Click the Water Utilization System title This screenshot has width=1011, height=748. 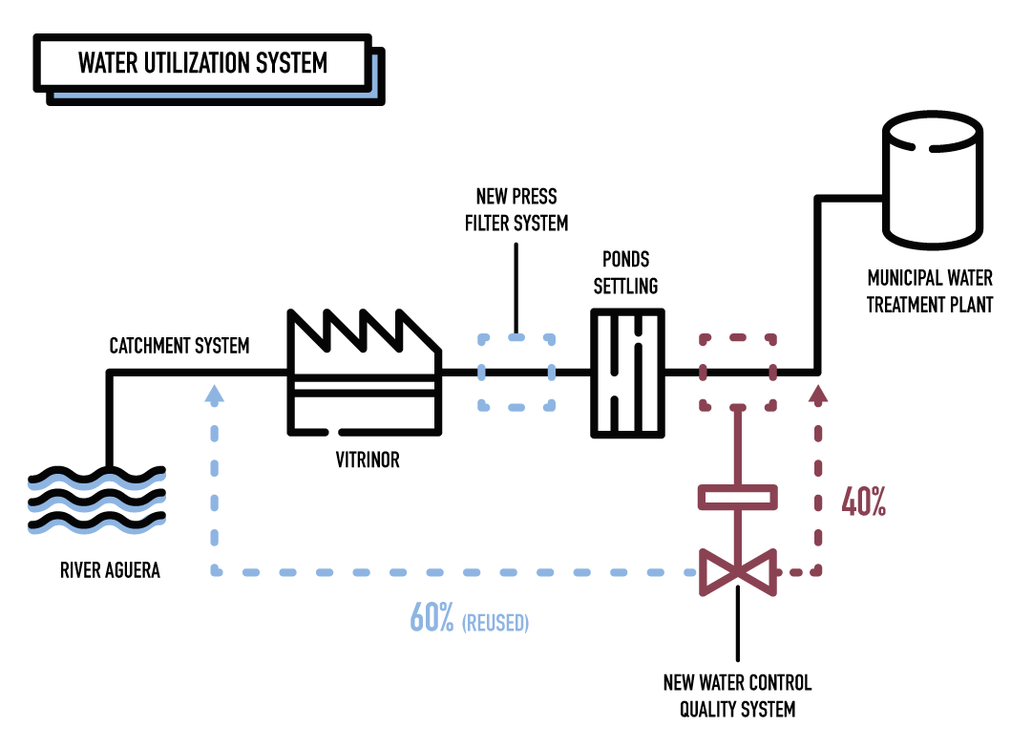click(202, 63)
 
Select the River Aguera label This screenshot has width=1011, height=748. click(110, 571)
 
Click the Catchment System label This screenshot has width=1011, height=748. click(179, 345)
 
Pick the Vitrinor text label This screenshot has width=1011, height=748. click(368, 460)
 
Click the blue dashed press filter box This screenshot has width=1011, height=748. click(516, 373)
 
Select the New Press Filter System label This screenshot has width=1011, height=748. click(516, 210)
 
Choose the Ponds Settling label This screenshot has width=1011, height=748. click(626, 272)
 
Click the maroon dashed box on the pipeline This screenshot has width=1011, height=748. click(738, 372)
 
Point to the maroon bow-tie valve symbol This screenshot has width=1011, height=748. click(738, 572)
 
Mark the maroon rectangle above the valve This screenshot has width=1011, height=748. click(738, 498)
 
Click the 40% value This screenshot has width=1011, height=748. click(863, 503)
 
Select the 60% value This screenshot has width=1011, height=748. click(432, 618)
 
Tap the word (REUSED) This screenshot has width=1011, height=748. click(495, 623)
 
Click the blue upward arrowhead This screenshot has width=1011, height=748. click(215, 392)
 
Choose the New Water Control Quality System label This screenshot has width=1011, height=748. click(738, 695)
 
